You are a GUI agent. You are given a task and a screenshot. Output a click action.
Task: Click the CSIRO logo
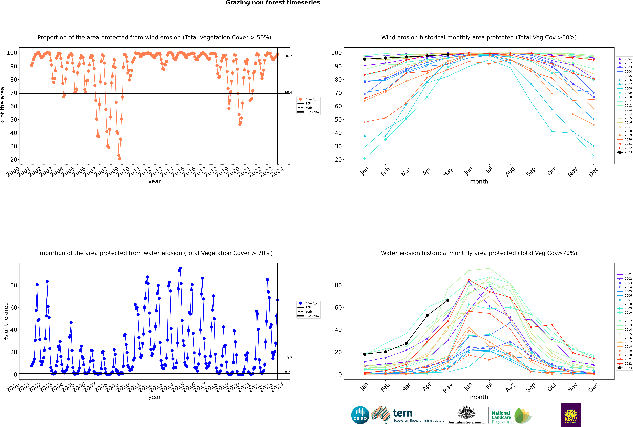[360, 415]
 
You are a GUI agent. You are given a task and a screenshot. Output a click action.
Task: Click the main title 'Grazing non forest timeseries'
[273, 3]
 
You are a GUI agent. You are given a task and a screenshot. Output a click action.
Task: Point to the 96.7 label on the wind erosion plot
[288, 56]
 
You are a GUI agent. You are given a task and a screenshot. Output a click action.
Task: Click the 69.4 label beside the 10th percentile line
[288, 92]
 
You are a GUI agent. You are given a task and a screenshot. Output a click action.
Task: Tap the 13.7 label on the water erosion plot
[288, 358]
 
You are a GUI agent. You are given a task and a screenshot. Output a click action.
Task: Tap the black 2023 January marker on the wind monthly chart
[365, 59]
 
